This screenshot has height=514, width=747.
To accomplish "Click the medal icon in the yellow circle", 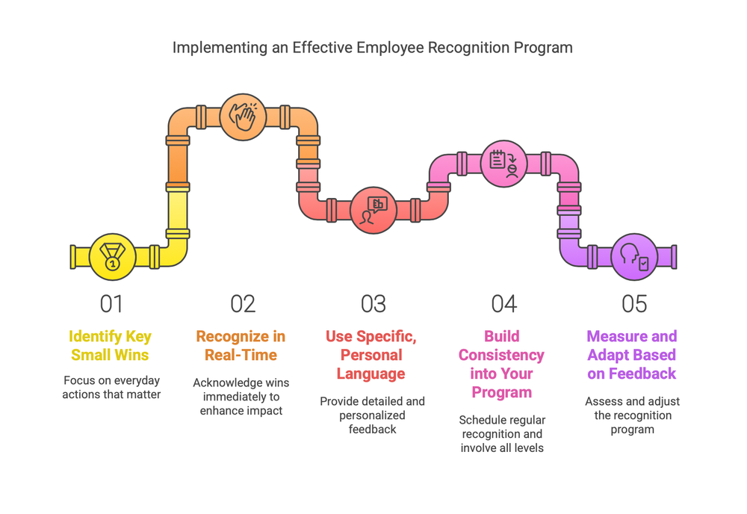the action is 111,256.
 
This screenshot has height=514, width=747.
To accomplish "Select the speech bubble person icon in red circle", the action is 373,210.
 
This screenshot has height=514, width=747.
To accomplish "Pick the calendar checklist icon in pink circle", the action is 503,164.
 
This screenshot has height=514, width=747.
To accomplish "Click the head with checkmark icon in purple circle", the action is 634,256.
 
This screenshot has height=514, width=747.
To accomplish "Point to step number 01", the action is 111,303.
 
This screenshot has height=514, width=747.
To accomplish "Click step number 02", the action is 242,303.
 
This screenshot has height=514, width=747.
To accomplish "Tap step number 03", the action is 373,303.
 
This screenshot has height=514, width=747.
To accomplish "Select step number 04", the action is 503,303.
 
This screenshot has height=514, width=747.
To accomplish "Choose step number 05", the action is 634,303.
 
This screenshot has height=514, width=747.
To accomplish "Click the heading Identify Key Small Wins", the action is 111,345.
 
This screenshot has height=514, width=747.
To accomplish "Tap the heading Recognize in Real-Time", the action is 241,345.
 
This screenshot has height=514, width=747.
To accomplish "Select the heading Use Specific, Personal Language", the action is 371,355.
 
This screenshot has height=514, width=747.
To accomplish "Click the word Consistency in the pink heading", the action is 501,355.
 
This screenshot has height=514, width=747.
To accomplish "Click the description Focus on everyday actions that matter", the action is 111,387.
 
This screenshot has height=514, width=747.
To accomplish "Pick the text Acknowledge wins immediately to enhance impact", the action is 241,397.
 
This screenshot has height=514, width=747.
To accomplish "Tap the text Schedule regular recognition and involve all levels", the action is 502,434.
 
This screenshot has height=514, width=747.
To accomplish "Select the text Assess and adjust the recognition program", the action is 633,415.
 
